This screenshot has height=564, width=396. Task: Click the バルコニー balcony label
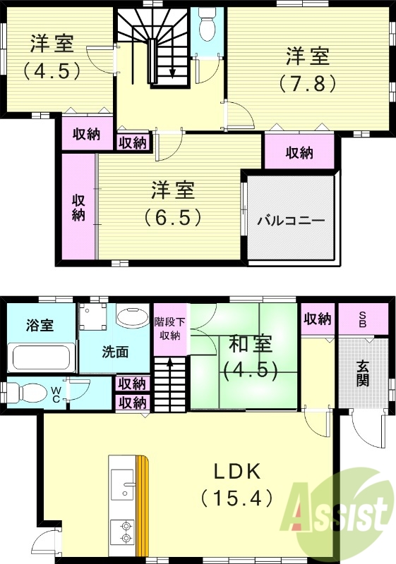[x=290, y=220]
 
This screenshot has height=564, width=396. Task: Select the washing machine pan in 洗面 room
[x=92, y=319]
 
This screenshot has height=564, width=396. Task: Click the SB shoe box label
[x=362, y=318]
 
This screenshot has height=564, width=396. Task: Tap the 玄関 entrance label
[x=362, y=374]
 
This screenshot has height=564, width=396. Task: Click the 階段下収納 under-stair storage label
[x=169, y=328]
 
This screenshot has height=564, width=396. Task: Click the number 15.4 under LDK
[x=236, y=498]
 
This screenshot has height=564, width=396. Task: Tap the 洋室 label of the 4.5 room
[x=51, y=44]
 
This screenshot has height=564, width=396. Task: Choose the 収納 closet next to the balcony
[x=299, y=152]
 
